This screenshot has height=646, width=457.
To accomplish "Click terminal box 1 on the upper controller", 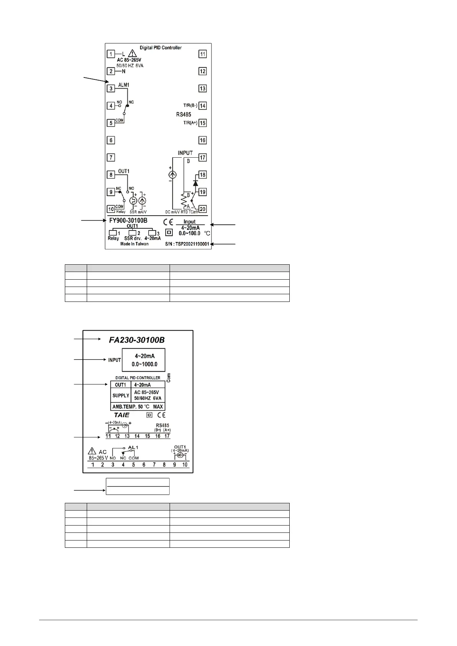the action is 111,54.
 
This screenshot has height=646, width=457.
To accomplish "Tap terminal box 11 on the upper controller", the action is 203,54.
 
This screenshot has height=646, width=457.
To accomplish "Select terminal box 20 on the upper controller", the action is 203,209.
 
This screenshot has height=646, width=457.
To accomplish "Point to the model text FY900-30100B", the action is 128,221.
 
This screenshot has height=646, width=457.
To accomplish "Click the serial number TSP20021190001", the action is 190,244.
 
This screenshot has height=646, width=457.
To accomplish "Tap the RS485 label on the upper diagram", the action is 183,114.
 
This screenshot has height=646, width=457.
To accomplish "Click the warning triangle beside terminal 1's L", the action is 132,53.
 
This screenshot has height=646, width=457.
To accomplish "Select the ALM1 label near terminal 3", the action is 124,85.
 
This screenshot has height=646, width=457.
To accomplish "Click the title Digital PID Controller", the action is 160,48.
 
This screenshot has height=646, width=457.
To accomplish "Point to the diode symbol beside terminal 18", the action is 195,183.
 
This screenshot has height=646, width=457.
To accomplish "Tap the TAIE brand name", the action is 122,415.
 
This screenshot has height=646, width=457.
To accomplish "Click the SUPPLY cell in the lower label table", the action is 120,396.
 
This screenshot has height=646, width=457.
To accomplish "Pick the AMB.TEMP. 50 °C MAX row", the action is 137,407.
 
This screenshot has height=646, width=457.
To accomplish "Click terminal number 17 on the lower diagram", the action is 167,436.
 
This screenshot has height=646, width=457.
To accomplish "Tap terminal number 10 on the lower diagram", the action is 185,465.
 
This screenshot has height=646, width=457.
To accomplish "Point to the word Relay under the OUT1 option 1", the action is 113,238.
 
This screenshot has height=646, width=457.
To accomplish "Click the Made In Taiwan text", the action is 134,244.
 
